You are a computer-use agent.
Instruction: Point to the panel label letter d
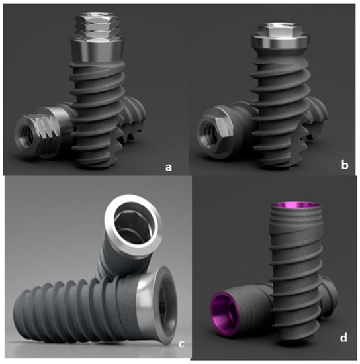tap(342, 339)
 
